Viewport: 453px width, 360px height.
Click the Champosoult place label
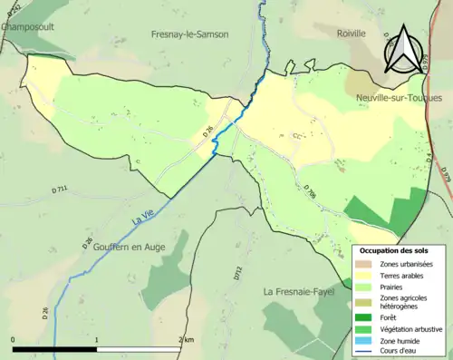[27, 27]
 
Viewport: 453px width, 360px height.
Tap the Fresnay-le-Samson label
[189, 34]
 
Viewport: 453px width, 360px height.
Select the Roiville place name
[351, 34]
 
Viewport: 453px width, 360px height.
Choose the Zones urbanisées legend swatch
[363, 263]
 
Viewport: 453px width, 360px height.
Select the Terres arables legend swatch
[363, 276]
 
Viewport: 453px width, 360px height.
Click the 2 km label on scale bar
[186, 339]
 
